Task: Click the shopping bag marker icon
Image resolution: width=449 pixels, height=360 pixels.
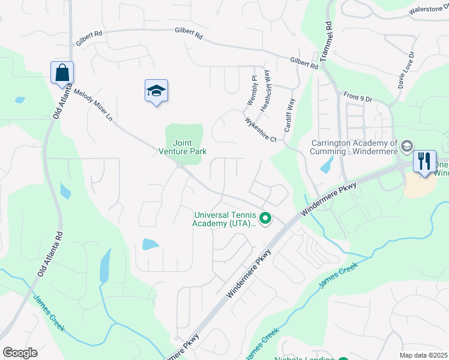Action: click(62, 73)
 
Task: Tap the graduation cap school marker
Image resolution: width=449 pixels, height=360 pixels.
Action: click(156, 91)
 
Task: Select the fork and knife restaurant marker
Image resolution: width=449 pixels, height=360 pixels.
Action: click(424, 161)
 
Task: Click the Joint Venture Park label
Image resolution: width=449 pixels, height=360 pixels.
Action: click(182, 147)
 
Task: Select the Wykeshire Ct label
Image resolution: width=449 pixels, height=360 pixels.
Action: click(260, 130)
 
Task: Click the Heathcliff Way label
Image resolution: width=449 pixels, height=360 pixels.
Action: click(265, 91)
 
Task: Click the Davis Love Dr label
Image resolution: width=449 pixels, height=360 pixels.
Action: click(406, 71)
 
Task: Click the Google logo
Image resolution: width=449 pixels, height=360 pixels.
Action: click(20, 353)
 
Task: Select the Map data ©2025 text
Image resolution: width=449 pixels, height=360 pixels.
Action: click(424, 355)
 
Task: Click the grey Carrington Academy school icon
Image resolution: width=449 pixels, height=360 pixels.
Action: click(407, 146)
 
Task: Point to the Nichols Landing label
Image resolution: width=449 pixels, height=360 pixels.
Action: click(303, 358)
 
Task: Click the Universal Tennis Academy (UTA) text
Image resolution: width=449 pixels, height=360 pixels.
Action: click(224, 220)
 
